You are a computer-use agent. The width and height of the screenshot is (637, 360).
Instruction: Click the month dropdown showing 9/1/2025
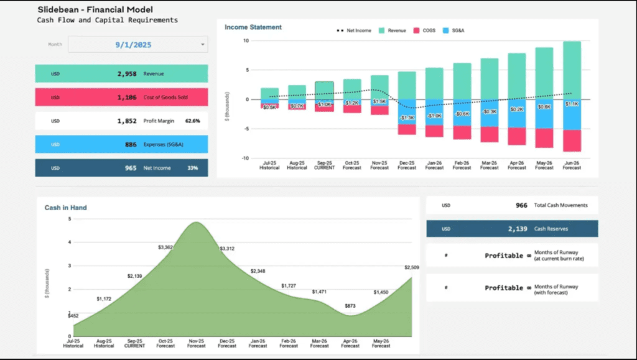[137, 45]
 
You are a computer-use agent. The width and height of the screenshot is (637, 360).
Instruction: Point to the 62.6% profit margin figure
[192, 121]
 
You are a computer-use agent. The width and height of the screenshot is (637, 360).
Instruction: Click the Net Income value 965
[128, 168]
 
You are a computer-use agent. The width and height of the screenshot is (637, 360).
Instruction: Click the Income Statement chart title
[253, 27]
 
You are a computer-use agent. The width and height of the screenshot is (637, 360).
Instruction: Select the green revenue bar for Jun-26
[572, 70]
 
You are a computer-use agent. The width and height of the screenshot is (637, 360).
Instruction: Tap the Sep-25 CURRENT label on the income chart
[323, 165]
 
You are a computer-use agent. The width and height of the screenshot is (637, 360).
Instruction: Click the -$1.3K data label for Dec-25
[407, 118]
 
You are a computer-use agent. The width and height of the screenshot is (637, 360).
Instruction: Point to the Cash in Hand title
[65, 208]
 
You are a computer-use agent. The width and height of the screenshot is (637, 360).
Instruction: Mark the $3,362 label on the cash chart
[165, 247]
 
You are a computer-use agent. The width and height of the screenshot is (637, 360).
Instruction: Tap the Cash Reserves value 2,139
[517, 229]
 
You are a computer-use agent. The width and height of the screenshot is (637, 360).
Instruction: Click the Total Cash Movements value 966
[521, 205]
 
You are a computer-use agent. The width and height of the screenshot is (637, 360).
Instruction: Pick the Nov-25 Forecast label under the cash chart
[196, 343]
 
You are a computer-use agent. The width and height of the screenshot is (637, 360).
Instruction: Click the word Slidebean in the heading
[60, 10]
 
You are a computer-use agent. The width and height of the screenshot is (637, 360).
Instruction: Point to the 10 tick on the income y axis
[246, 41]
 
